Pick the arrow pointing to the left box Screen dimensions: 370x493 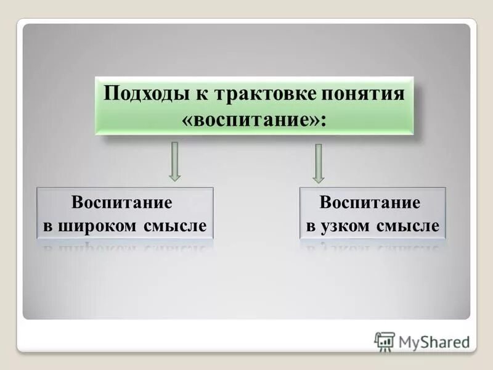click(175, 162)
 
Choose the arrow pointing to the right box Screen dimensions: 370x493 click(318, 163)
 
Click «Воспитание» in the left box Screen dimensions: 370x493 click(121, 203)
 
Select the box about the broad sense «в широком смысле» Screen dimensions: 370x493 click(125, 213)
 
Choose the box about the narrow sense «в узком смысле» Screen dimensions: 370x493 click(372, 213)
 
